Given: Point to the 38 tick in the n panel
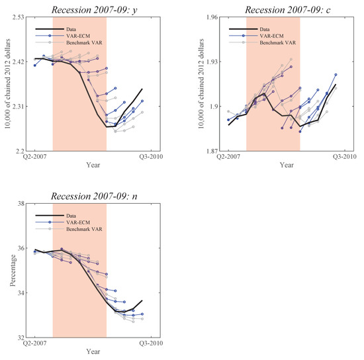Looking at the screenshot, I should [x=20, y=205].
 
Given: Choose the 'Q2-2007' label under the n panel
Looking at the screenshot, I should [x=34, y=344].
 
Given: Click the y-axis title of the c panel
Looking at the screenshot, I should [x=201, y=85].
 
